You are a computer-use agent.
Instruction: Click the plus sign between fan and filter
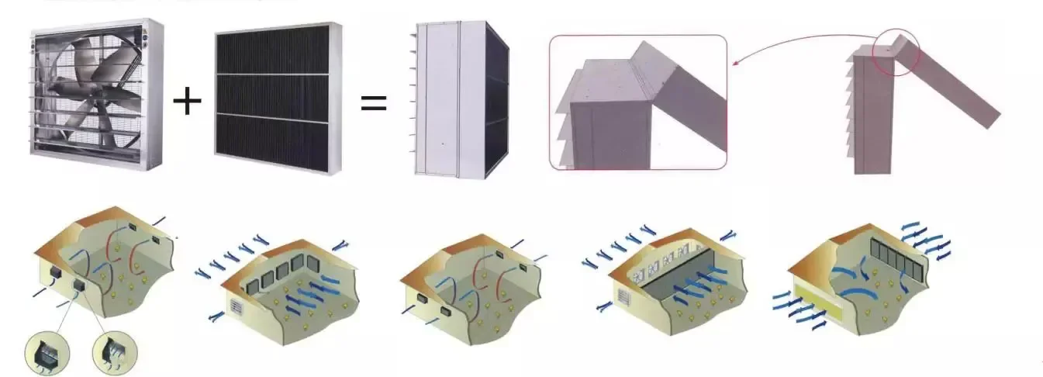point(186,102)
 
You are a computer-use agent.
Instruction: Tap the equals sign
point(374,102)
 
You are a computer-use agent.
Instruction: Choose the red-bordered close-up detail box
point(638,102)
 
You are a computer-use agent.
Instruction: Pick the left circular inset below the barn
point(47,354)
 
